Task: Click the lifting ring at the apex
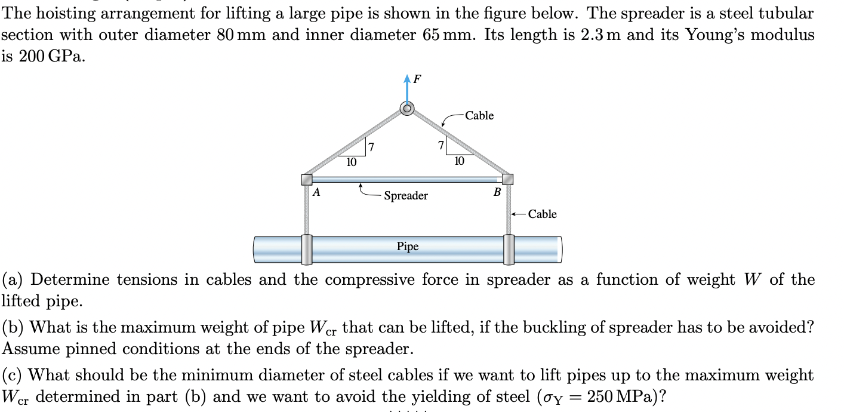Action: tap(407, 109)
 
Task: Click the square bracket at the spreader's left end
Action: tap(307, 179)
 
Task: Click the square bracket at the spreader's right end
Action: tap(507, 179)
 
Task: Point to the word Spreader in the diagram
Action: tap(405, 196)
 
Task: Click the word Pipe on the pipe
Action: tap(408, 246)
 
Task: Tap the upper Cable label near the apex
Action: tap(479, 116)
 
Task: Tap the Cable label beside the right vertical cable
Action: tap(542, 214)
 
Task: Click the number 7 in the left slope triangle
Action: tap(370, 147)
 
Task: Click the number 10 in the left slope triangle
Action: tap(352, 162)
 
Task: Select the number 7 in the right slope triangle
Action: tap(441, 145)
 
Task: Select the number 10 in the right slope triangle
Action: tap(458, 161)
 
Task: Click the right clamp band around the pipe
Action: tap(509, 249)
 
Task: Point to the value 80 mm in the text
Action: tap(237, 35)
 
